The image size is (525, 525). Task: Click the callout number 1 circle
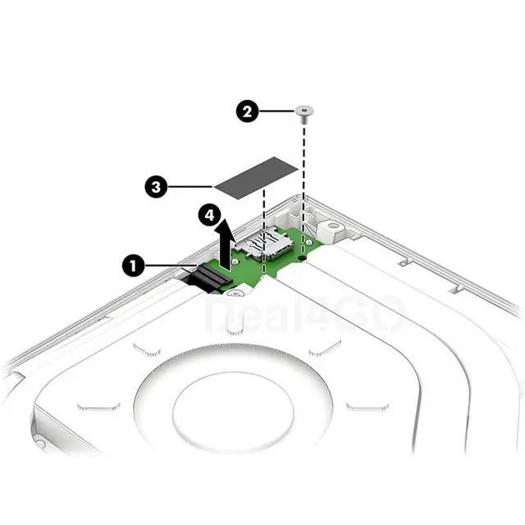tap(134, 265)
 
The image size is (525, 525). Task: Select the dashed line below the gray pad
tap(263, 217)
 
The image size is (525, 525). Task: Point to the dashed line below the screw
tap(305, 180)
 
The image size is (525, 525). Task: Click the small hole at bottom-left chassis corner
tap(38, 443)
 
